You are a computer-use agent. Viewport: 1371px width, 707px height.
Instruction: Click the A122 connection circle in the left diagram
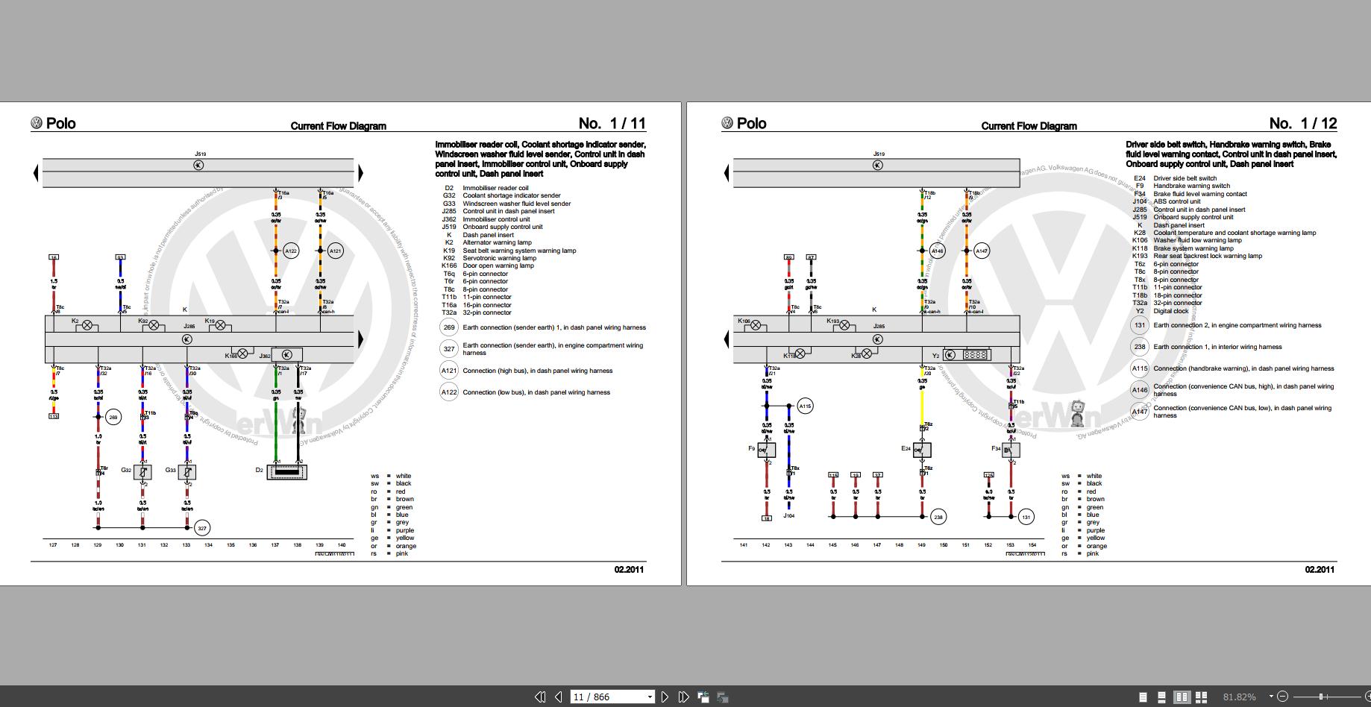click(291, 251)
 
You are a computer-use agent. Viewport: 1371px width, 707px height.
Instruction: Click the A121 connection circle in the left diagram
click(336, 251)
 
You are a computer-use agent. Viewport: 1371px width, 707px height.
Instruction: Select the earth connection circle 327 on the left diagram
click(201, 528)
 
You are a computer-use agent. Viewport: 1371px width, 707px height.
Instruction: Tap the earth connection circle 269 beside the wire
click(113, 418)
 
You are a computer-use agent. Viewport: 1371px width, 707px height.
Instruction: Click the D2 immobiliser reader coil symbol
click(287, 471)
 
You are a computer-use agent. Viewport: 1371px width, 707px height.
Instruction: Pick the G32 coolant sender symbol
click(143, 471)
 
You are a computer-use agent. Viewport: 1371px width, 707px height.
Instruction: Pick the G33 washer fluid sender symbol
click(188, 471)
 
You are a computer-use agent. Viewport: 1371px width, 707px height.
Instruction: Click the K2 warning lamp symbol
click(87, 325)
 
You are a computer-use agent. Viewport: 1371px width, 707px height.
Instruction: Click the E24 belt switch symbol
click(923, 450)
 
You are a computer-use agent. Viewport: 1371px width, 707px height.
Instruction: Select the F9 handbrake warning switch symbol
click(767, 450)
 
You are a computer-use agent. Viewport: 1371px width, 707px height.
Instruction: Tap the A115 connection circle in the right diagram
click(805, 406)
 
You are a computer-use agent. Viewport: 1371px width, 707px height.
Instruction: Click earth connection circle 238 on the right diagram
click(938, 516)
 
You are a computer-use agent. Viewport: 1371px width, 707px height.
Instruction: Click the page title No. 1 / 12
click(1303, 124)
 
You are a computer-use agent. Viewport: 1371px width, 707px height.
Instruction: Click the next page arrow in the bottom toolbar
click(665, 697)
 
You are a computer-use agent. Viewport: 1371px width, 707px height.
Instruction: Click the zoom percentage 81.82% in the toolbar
click(1239, 697)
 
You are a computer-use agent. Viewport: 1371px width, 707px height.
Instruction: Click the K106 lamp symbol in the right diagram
click(756, 325)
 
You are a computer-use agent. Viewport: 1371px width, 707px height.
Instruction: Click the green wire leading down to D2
click(277, 433)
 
